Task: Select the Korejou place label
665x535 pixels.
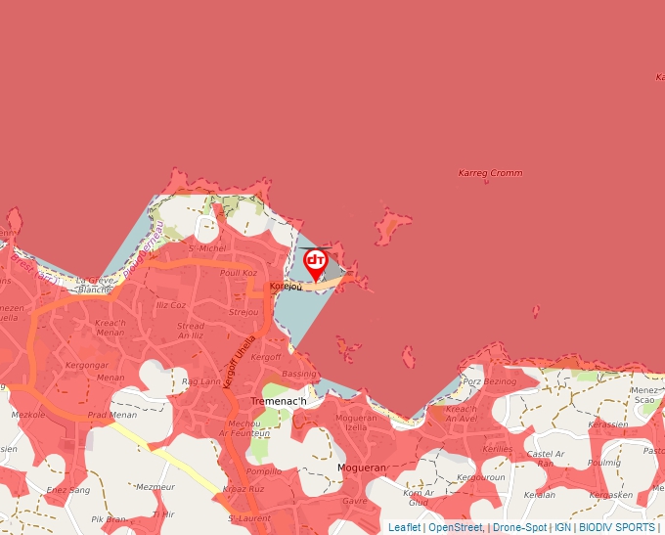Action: click(x=286, y=287)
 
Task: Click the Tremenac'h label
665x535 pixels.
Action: click(x=279, y=401)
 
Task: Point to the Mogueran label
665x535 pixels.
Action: click(x=362, y=468)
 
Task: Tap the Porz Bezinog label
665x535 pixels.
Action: click(x=489, y=380)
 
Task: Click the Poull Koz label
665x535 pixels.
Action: click(x=238, y=274)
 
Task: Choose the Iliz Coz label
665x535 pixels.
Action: click(x=170, y=305)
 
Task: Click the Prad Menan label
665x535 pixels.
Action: click(x=112, y=415)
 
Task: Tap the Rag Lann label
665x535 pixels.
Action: click(x=202, y=381)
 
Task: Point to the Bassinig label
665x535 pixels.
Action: click(x=299, y=374)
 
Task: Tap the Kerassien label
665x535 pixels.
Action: click(x=608, y=424)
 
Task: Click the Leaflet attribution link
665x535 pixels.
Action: click(x=404, y=527)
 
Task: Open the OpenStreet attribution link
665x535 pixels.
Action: click(x=455, y=527)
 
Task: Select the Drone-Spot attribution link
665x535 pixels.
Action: click(x=519, y=527)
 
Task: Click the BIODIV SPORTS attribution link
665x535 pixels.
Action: click(x=616, y=527)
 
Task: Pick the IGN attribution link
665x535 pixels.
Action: click(x=562, y=527)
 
